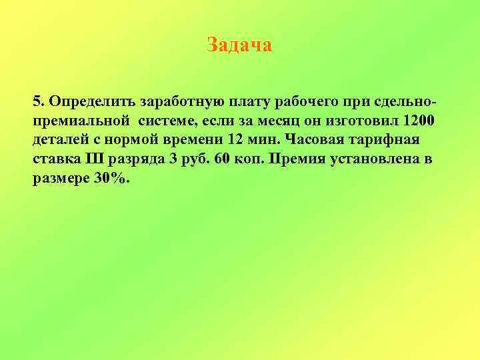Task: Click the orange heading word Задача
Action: point(239,45)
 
